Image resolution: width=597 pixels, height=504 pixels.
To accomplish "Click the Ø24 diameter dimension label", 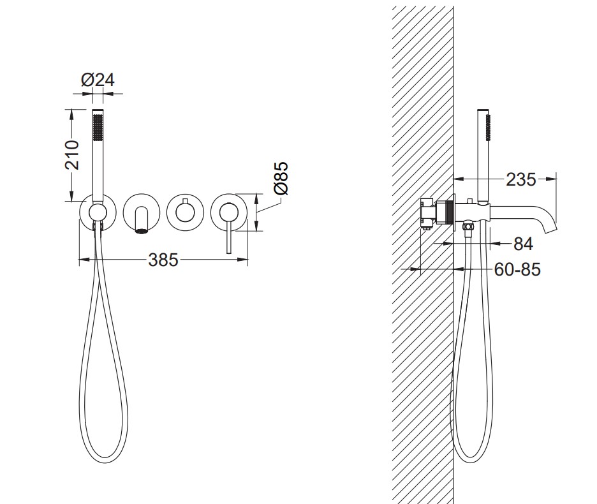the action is pyautogui.click(x=98, y=80).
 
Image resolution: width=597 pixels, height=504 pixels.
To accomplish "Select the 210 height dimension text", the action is pyautogui.click(x=72, y=154).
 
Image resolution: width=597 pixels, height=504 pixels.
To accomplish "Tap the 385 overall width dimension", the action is pyautogui.click(x=163, y=260).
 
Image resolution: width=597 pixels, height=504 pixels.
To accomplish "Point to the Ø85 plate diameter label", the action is pyautogui.click(x=281, y=178).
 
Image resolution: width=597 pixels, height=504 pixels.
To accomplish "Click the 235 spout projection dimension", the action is pyautogui.click(x=520, y=179).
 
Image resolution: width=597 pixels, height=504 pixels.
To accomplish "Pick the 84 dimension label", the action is pyautogui.click(x=523, y=244).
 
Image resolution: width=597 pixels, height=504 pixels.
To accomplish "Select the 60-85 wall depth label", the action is pyautogui.click(x=517, y=270).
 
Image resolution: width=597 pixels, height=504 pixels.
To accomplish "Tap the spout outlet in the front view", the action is pyautogui.click(x=142, y=230).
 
